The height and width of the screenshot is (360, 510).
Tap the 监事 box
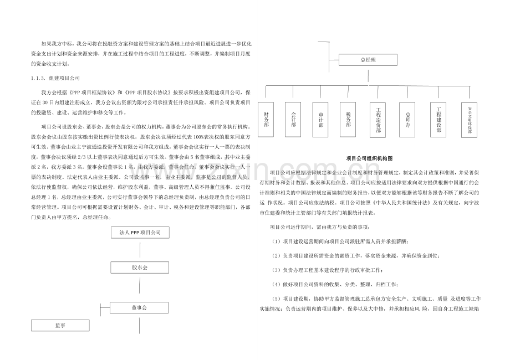point(61,326)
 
